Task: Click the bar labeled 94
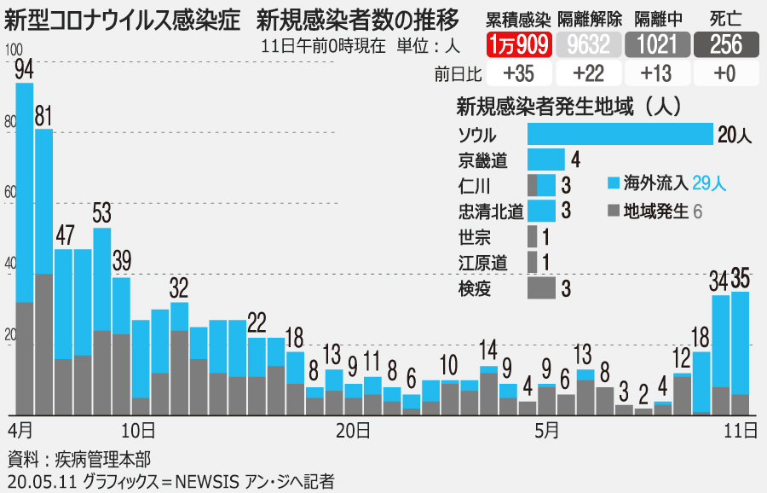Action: tap(25, 247)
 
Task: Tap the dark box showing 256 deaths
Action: tap(725, 44)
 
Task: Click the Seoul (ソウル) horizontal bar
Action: tap(620, 134)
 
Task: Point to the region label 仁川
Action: tap(473, 185)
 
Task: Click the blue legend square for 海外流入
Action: tap(613, 183)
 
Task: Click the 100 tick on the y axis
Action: tap(13, 52)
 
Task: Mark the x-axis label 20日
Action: tap(352, 430)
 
